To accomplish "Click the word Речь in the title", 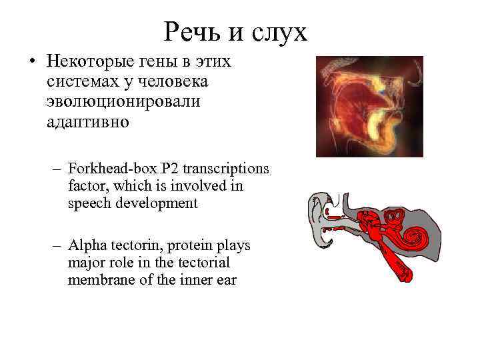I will pos(189,31).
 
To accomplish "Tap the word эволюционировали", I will pos(123,104).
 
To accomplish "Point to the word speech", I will pos(90,204).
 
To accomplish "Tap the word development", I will pos(157,204).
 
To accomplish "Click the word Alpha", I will pos(85,246).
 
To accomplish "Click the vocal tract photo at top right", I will pos(369,107).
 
